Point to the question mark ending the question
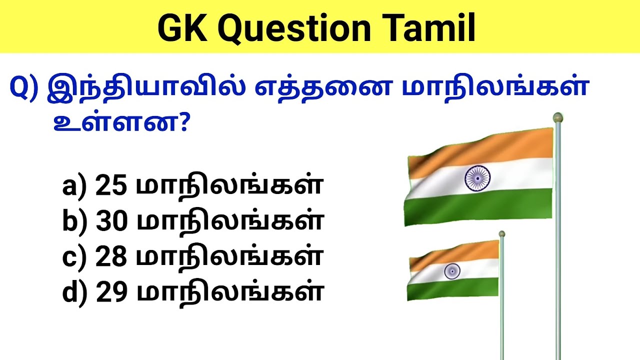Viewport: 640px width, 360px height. click(x=181, y=123)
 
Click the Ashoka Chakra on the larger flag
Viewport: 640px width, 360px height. click(x=477, y=177)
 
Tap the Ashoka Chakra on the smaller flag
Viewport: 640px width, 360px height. click(x=452, y=271)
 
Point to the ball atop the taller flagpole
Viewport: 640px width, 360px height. click(x=557, y=118)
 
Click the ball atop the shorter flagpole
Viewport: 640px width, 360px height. click(x=501, y=233)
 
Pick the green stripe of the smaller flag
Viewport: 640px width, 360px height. click(x=452, y=289)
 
